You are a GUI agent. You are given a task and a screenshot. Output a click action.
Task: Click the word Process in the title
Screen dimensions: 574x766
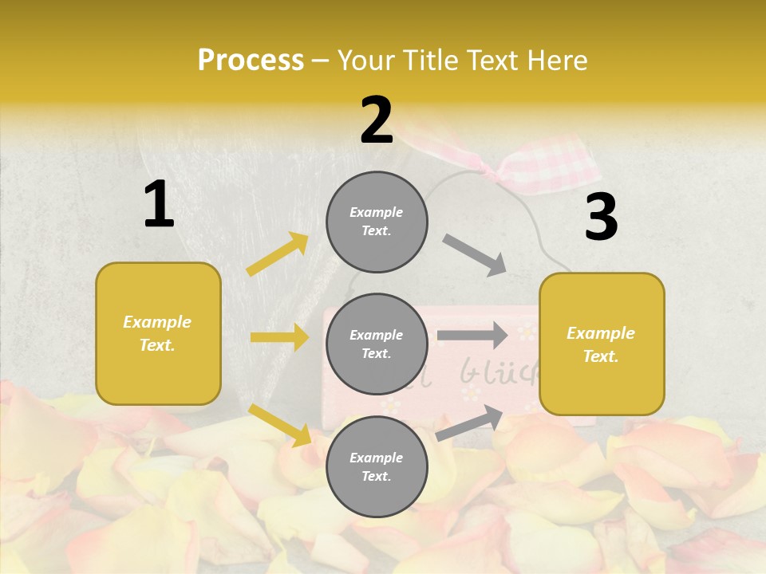click(251, 61)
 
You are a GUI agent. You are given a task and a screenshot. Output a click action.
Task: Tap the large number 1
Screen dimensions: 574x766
click(159, 205)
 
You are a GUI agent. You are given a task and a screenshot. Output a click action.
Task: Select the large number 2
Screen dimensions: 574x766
click(377, 120)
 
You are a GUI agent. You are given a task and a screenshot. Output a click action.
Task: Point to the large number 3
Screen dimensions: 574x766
click(601, 217)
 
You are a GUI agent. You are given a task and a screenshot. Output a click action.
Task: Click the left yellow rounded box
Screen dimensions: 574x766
click(158, 333)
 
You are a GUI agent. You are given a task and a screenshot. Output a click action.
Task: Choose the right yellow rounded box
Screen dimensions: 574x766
click(602, 344)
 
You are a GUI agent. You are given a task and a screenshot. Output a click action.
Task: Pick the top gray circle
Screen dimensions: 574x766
click(377, 222)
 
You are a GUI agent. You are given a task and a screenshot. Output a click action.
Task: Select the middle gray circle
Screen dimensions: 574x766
click(377, 344)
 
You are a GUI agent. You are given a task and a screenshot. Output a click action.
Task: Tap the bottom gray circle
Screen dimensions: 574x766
click(377, 466)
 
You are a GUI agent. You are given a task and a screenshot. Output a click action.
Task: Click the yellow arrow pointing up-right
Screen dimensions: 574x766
click(278, 254)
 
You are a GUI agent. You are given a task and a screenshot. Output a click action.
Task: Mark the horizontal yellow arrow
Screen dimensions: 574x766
click(279, 337)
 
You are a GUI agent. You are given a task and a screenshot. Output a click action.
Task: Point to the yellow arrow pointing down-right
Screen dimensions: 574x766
click(280, 425)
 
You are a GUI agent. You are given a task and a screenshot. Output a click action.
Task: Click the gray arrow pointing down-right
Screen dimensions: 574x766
click(475, 255)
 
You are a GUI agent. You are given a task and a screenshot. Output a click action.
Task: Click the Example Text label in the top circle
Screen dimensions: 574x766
click(377, 222)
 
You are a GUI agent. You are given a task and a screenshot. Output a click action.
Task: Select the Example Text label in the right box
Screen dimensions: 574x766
click(601, 344)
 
